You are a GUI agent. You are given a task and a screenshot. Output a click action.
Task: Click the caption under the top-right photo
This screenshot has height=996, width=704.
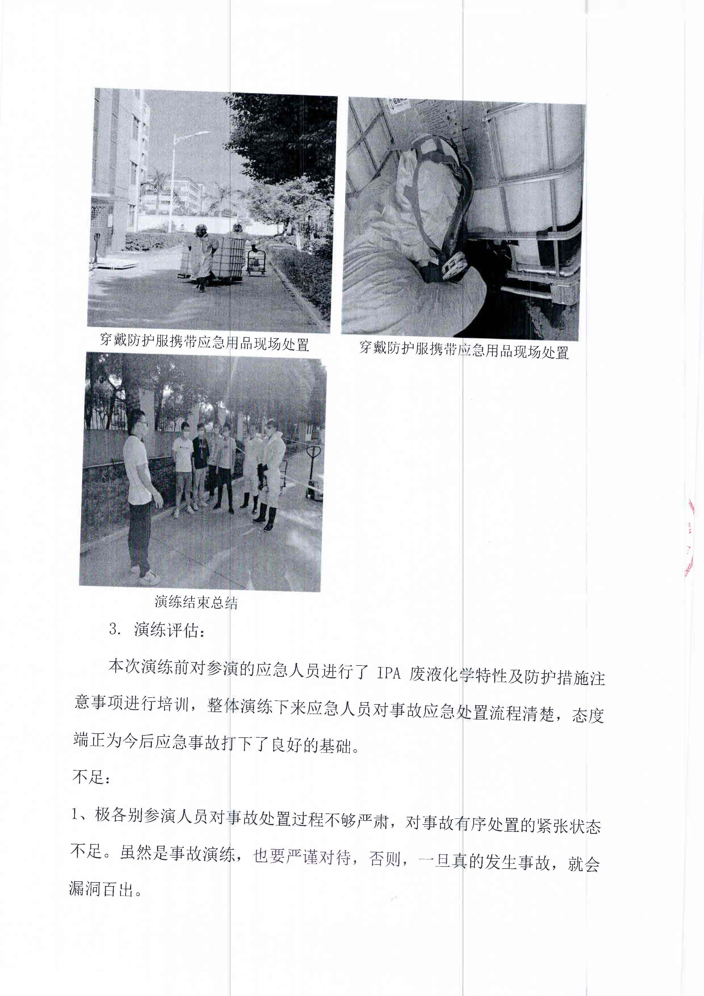[464, 350]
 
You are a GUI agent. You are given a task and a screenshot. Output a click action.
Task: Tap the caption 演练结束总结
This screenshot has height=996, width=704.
[196, 602]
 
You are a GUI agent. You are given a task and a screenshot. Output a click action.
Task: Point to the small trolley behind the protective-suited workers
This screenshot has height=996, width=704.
[256, 262]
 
